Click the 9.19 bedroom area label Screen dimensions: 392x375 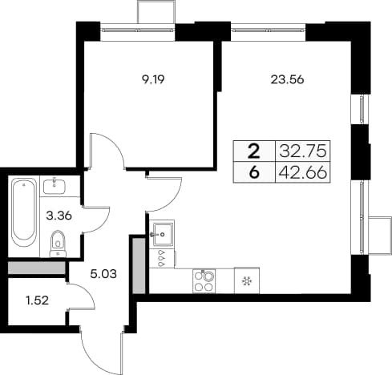point(153,79)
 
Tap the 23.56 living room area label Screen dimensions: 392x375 point(287,79)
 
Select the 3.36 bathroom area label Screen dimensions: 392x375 point(59,216)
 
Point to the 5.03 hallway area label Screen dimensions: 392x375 point(103,274)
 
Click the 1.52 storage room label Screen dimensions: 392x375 point(37,300)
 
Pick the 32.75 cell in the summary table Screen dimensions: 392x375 point(303,151)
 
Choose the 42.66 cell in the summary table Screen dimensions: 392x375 point(303,172)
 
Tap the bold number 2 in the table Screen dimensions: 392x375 point(254,151)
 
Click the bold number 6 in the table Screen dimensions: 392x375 point(254,172)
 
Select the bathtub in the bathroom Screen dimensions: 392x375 point(24,213)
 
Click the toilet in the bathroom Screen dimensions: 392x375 point(58,244)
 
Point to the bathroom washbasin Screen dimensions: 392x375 point(54,187)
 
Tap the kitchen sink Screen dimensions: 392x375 point(162,234)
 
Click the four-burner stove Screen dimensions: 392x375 point(204,280)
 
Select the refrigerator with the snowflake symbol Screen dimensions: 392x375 point(247,280)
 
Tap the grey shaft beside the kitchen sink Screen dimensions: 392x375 point(139,266)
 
